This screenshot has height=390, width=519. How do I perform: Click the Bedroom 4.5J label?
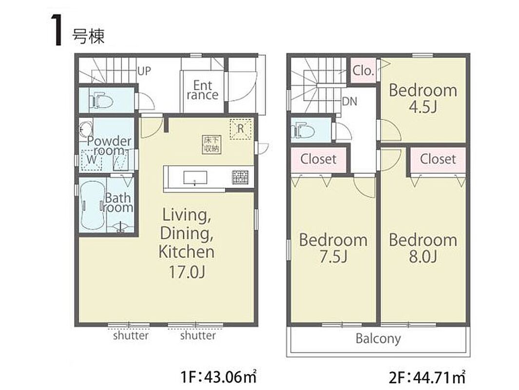[x=423, y=98]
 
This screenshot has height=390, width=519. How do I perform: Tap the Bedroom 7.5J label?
[x=333, y=248]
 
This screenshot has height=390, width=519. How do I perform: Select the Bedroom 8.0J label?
[x=423, y=248]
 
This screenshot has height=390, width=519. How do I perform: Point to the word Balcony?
[x=378, y=339]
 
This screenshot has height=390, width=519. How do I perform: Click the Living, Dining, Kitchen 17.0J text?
[x=186, y=243]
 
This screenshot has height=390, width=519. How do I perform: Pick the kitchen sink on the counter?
[x=195, y=178]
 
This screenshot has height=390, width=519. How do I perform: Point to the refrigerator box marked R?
[x=241, y=129]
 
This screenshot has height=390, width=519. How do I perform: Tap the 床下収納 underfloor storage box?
[x=211, y=145]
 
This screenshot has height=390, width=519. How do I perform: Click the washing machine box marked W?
[x=91, y=160]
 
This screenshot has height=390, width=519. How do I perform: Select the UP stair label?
[x=144, y=71]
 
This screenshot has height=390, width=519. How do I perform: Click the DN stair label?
[x=349, y=101]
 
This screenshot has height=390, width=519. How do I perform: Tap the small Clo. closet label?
[x=363, y=71]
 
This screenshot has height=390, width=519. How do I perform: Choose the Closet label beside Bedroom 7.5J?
[x=318, y=159]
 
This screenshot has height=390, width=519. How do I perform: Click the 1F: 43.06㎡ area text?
[x=218, y=377]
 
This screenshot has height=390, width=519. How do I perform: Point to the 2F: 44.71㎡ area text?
[x=427, y=377]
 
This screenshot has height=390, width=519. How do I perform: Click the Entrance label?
[x=202, y=90]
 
